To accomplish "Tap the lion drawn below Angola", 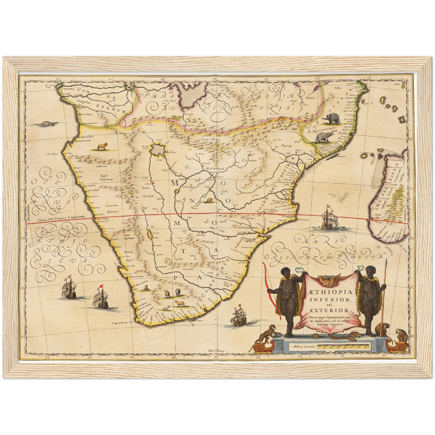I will tap(102, 147).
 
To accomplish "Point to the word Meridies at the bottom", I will tap(217, 351).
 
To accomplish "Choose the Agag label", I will tap(287, 145).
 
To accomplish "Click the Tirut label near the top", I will tap(310, 98).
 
